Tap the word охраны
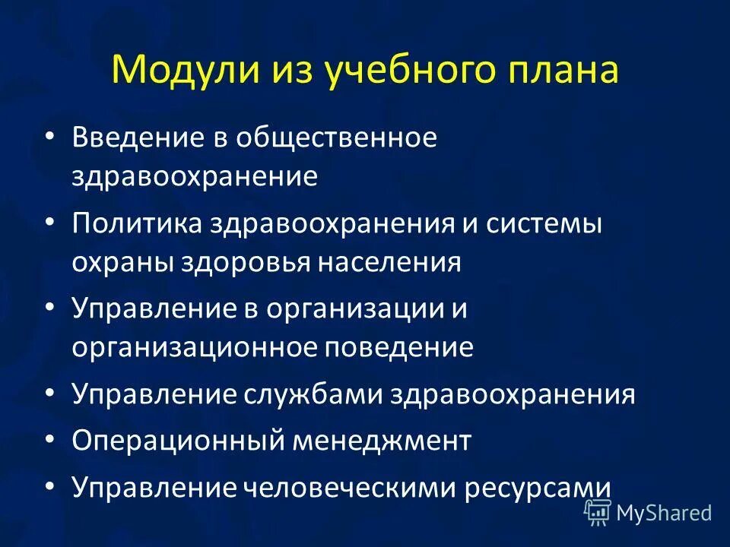pos(122,262)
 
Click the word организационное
pos(195,348)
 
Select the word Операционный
pos(163,441)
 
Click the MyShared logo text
pos(663,514)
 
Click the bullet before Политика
pos(50,225)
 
